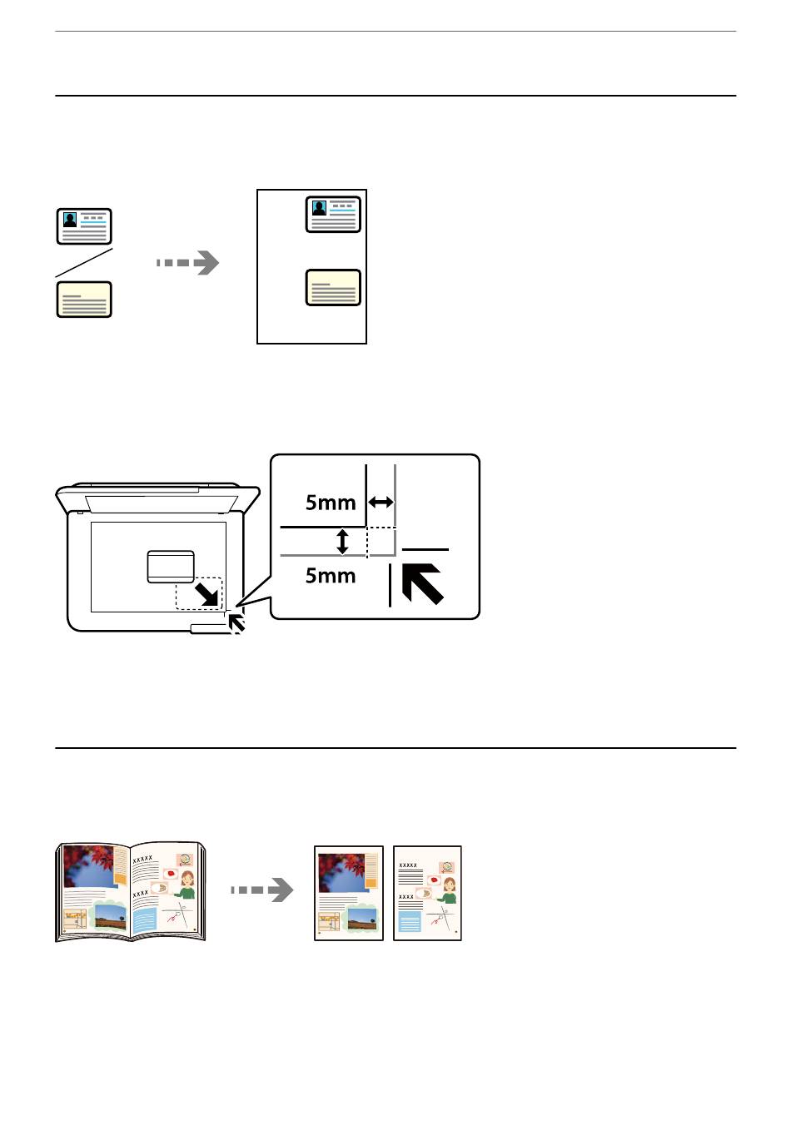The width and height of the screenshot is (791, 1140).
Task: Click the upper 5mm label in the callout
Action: (x=331, y=503)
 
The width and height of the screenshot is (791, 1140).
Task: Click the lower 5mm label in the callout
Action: (x=331, y=576)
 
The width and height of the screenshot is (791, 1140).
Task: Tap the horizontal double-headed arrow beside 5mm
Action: (x=381, y=502)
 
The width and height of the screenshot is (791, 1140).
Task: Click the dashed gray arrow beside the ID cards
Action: (x=188, y=263)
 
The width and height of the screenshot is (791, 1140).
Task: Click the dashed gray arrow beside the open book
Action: (x=262, y=890)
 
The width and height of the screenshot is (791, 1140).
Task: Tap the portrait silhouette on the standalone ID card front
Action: (x=70, y=220)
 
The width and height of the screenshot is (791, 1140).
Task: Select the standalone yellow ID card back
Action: (x=84, y=300)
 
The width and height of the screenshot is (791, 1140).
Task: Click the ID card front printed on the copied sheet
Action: (x=333, y=215)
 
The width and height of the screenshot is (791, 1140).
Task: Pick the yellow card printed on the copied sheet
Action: (x=333, y=288)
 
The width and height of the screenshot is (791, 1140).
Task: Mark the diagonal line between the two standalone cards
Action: (x=84, y=262)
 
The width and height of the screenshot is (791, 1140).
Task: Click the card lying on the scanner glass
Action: (x=171, y=567)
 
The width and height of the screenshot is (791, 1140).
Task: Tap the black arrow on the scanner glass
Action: (x=207, y=594)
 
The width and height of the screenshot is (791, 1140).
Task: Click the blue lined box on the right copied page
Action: (x=410, y=921)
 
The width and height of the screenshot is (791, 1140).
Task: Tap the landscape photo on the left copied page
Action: (x=361, y=919)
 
